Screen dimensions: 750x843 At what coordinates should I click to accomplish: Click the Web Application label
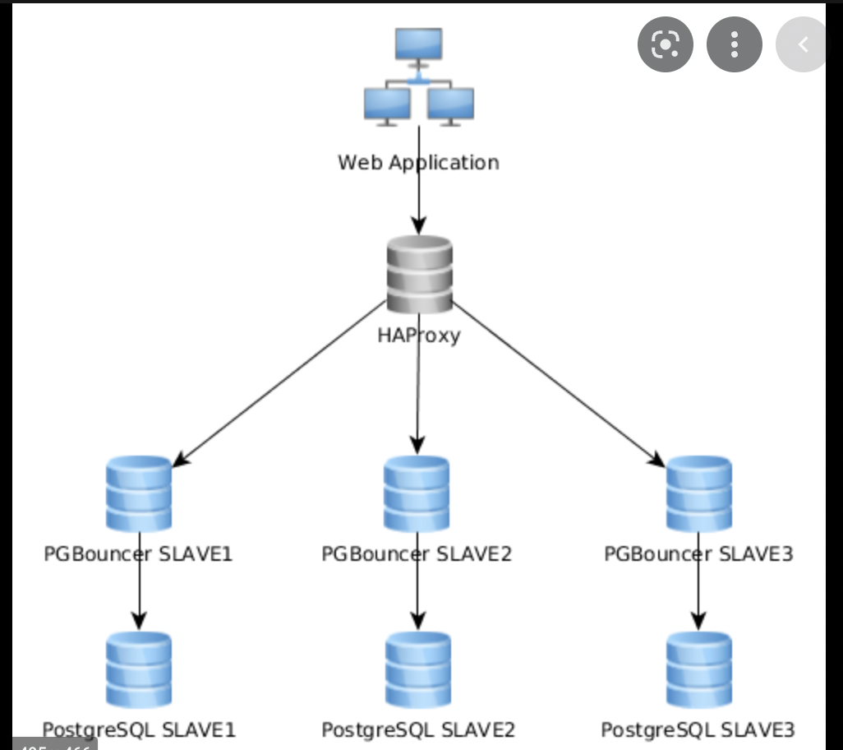[418, 162]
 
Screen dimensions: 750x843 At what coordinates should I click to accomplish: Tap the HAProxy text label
[419, 335]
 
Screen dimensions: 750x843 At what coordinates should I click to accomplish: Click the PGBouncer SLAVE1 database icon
[139, 493]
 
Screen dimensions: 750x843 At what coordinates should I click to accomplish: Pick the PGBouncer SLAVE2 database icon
[417, 493]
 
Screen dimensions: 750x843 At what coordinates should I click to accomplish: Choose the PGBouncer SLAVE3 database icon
[698, 493]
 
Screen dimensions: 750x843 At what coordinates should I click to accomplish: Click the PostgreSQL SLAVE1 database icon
[139, 669]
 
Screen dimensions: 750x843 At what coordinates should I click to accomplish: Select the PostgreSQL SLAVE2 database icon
[417, 669]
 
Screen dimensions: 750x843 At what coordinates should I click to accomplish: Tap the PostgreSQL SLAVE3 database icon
[698, 669]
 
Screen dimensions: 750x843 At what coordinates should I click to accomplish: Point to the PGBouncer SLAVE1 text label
[139, 553]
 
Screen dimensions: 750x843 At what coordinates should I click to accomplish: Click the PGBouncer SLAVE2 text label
[417, 553]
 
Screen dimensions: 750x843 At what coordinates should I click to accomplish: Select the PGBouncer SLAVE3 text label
[698, 553]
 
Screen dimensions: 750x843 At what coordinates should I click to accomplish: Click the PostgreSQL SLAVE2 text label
[417, 729]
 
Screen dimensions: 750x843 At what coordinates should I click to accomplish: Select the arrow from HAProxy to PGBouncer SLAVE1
[279, 383]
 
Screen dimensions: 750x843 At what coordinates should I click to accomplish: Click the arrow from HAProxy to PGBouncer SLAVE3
[559, 383]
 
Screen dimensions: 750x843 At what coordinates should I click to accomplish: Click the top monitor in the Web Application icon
[418, 44]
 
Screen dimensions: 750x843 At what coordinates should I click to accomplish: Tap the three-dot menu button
[734, 44]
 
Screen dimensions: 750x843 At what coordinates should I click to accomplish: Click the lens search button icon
[665, 44]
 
